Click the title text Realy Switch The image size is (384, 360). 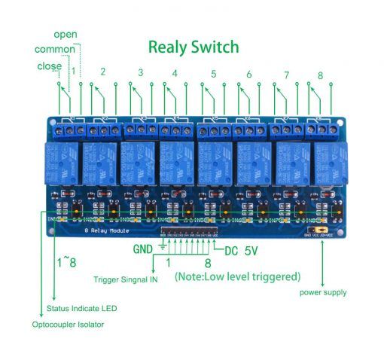[x=193, y=47]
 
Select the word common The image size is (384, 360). [x=54, y=50]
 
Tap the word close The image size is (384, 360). [x=49, y=66]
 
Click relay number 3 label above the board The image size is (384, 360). [x=140, y=73]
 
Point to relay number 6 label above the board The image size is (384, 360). [x=248, y=75]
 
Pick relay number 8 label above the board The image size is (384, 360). [x=320, y=75]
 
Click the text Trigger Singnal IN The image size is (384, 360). [x=126, y=279]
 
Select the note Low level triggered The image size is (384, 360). [x=237, y=276]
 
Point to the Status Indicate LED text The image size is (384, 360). [x=81, y=308]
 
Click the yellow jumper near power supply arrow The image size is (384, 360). [x=322, y=228]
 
